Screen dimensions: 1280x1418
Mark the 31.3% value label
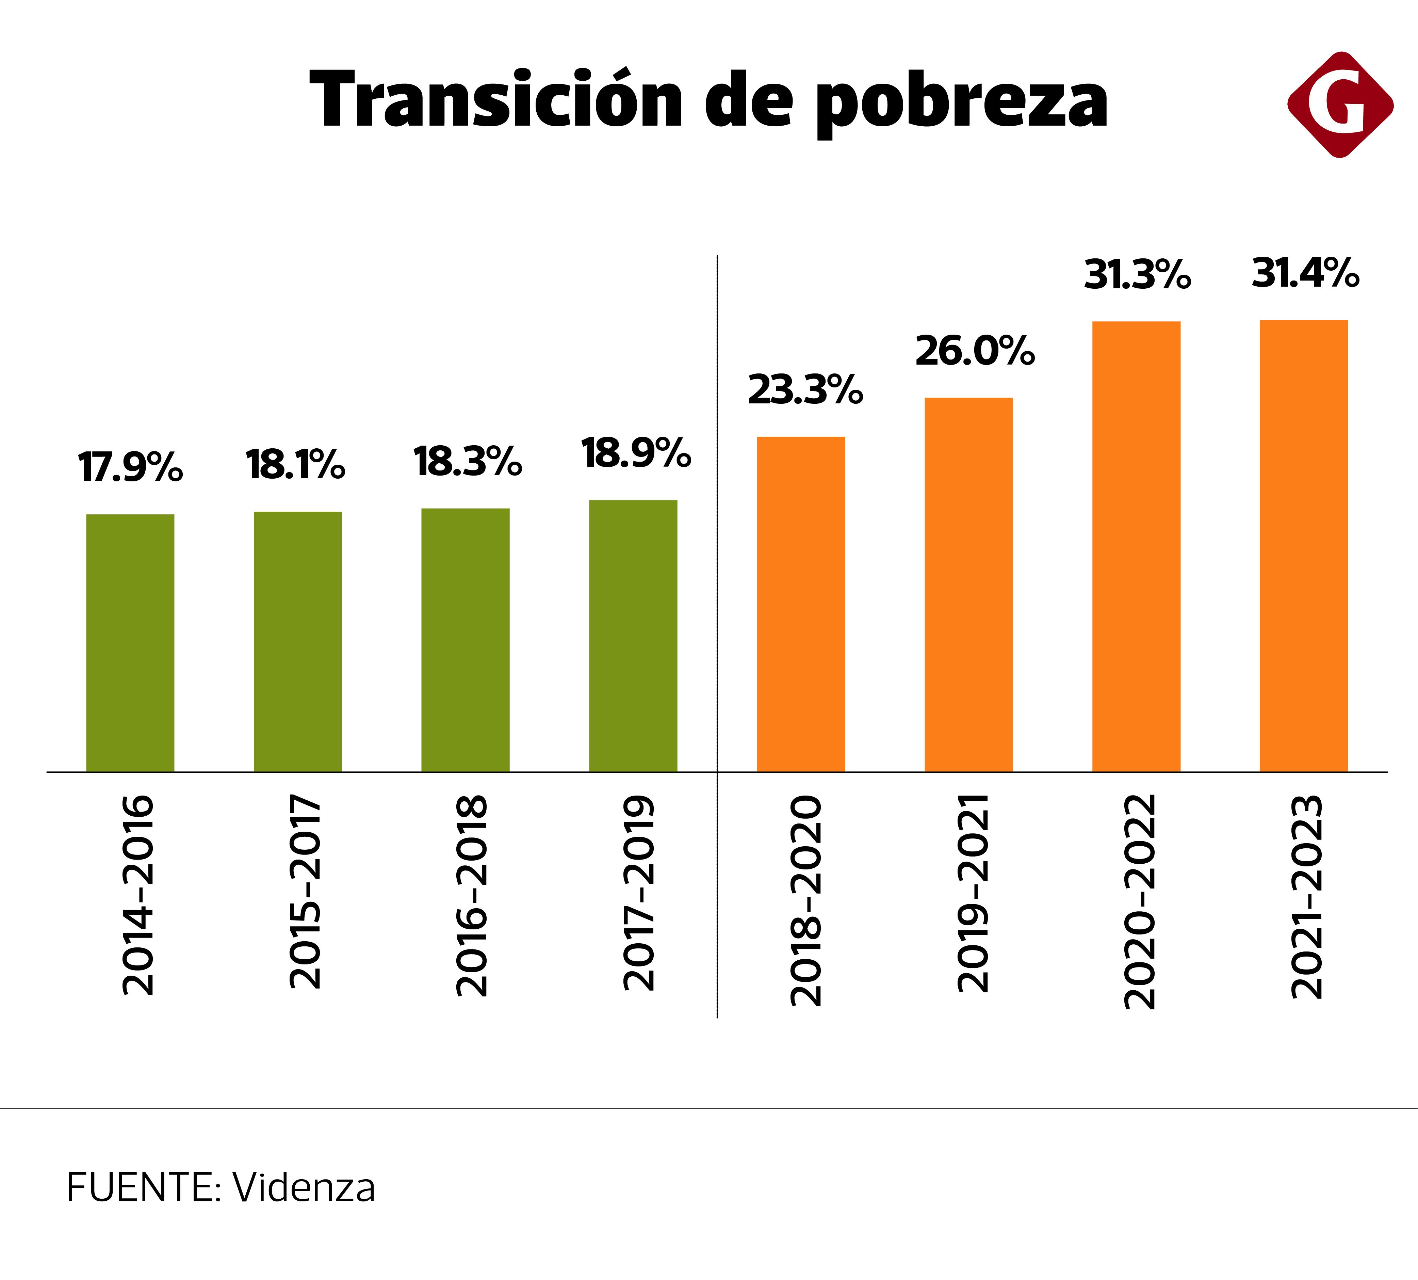(x=1138, y=274)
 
